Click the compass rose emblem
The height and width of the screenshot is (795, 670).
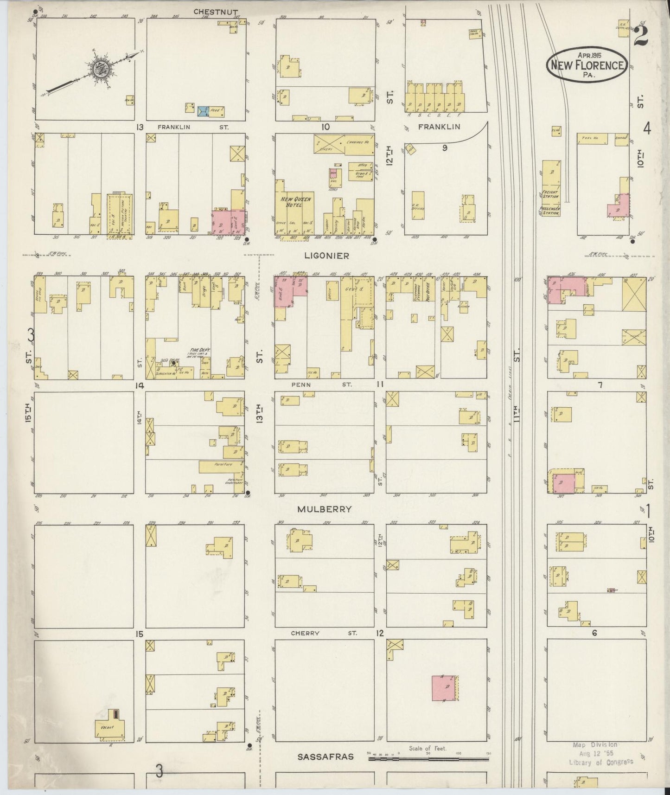(98, 68)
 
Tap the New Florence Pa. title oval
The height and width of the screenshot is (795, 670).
(587, 65)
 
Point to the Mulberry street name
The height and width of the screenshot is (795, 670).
(324, 509)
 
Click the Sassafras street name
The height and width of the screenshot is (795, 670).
(325, 757)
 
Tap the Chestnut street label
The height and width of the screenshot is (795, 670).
(209, 12)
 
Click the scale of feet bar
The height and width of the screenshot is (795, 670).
(428, 760)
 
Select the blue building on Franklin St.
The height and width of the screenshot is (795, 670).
(203, 111)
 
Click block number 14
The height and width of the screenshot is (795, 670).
(139, 385)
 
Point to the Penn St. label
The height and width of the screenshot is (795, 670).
(322, 385)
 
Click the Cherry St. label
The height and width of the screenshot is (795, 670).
(323, 633)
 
